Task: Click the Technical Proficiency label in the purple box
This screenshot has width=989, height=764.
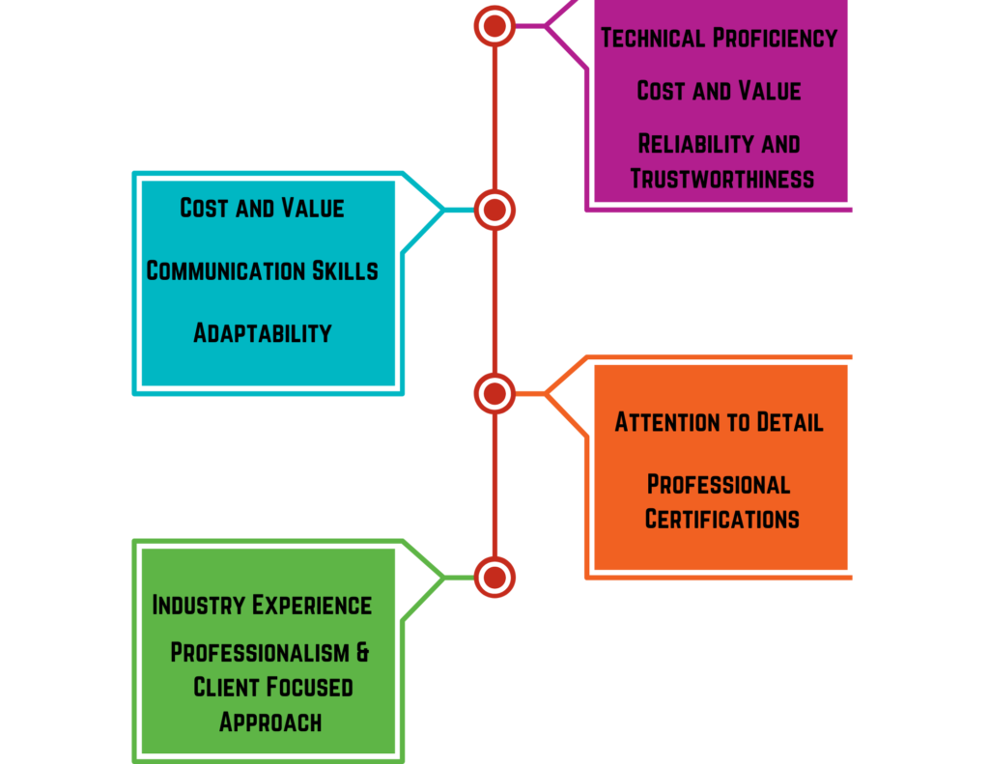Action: point(719,38)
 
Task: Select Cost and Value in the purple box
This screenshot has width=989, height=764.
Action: point(719,91)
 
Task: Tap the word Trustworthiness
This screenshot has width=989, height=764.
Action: point(721,179)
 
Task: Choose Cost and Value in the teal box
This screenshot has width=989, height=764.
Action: point(262,208)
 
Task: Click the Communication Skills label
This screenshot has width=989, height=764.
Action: point(262,270)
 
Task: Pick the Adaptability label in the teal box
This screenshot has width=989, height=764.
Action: point(262,333)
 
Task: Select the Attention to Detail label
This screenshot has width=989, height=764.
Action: point(719,422)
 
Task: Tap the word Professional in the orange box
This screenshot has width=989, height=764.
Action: point(719,484)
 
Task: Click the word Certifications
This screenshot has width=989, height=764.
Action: point(721,519)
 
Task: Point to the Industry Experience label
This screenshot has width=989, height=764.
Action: point(262,605)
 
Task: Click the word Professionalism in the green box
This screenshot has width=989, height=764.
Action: point(258,652)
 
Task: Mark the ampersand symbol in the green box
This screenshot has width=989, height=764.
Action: point(362,652)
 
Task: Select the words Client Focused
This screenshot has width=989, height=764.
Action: point(272,687)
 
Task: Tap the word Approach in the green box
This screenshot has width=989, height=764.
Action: point(269,722)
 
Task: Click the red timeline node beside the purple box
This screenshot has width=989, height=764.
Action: point(494,26)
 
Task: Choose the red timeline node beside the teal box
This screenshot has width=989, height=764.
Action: point(494,210)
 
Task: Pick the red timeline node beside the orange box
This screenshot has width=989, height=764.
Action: point(494,393)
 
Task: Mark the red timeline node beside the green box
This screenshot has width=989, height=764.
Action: point(494,578)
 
